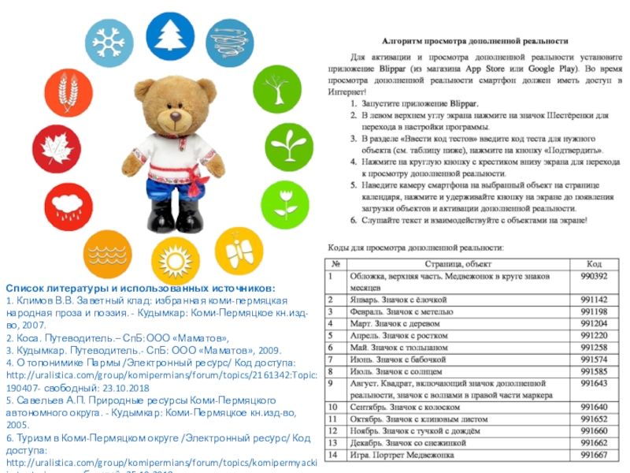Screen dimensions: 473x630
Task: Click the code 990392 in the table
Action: coord(593,277)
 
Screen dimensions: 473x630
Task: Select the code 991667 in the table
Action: coord(593,455)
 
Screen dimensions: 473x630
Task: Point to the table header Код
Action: coord(593,263)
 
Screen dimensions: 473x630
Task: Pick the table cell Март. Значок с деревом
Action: coord(399,323)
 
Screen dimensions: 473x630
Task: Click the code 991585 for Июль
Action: coord(593,371)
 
